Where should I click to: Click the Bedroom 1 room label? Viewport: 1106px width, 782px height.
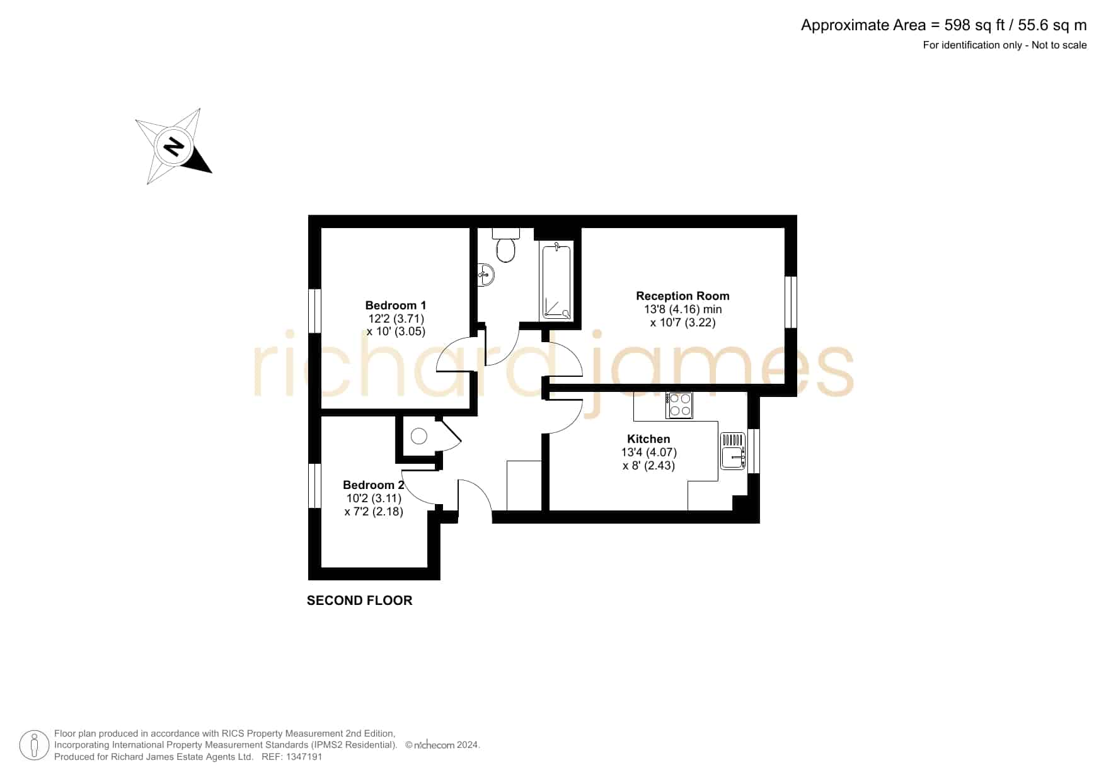click(395, 306)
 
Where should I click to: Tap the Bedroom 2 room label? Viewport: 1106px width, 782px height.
click(373, 485)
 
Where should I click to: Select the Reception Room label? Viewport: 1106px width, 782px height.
click(683, 296)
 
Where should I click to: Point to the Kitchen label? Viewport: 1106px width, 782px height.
click(648, 439)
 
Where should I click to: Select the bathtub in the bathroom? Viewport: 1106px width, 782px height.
click(556, 282)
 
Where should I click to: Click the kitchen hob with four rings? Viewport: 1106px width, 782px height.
click(679, 405)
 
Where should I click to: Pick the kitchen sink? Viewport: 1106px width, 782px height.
click(733, 451)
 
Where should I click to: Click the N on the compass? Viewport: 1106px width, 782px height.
click(173, 147)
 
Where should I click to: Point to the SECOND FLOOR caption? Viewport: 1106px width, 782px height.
click(359, 601)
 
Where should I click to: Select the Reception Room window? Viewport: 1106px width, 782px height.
click(791, 302)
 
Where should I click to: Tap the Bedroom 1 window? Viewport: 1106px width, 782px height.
click(314, 311)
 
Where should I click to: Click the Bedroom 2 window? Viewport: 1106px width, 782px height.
click(314, 486)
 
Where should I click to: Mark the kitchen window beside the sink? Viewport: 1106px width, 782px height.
click(754, 451)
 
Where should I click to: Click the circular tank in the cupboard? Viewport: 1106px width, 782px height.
click(419, 435)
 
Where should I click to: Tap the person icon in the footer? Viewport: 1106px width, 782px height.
click(34, 745)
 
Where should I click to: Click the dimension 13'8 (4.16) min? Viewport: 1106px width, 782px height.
click(683, 309)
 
